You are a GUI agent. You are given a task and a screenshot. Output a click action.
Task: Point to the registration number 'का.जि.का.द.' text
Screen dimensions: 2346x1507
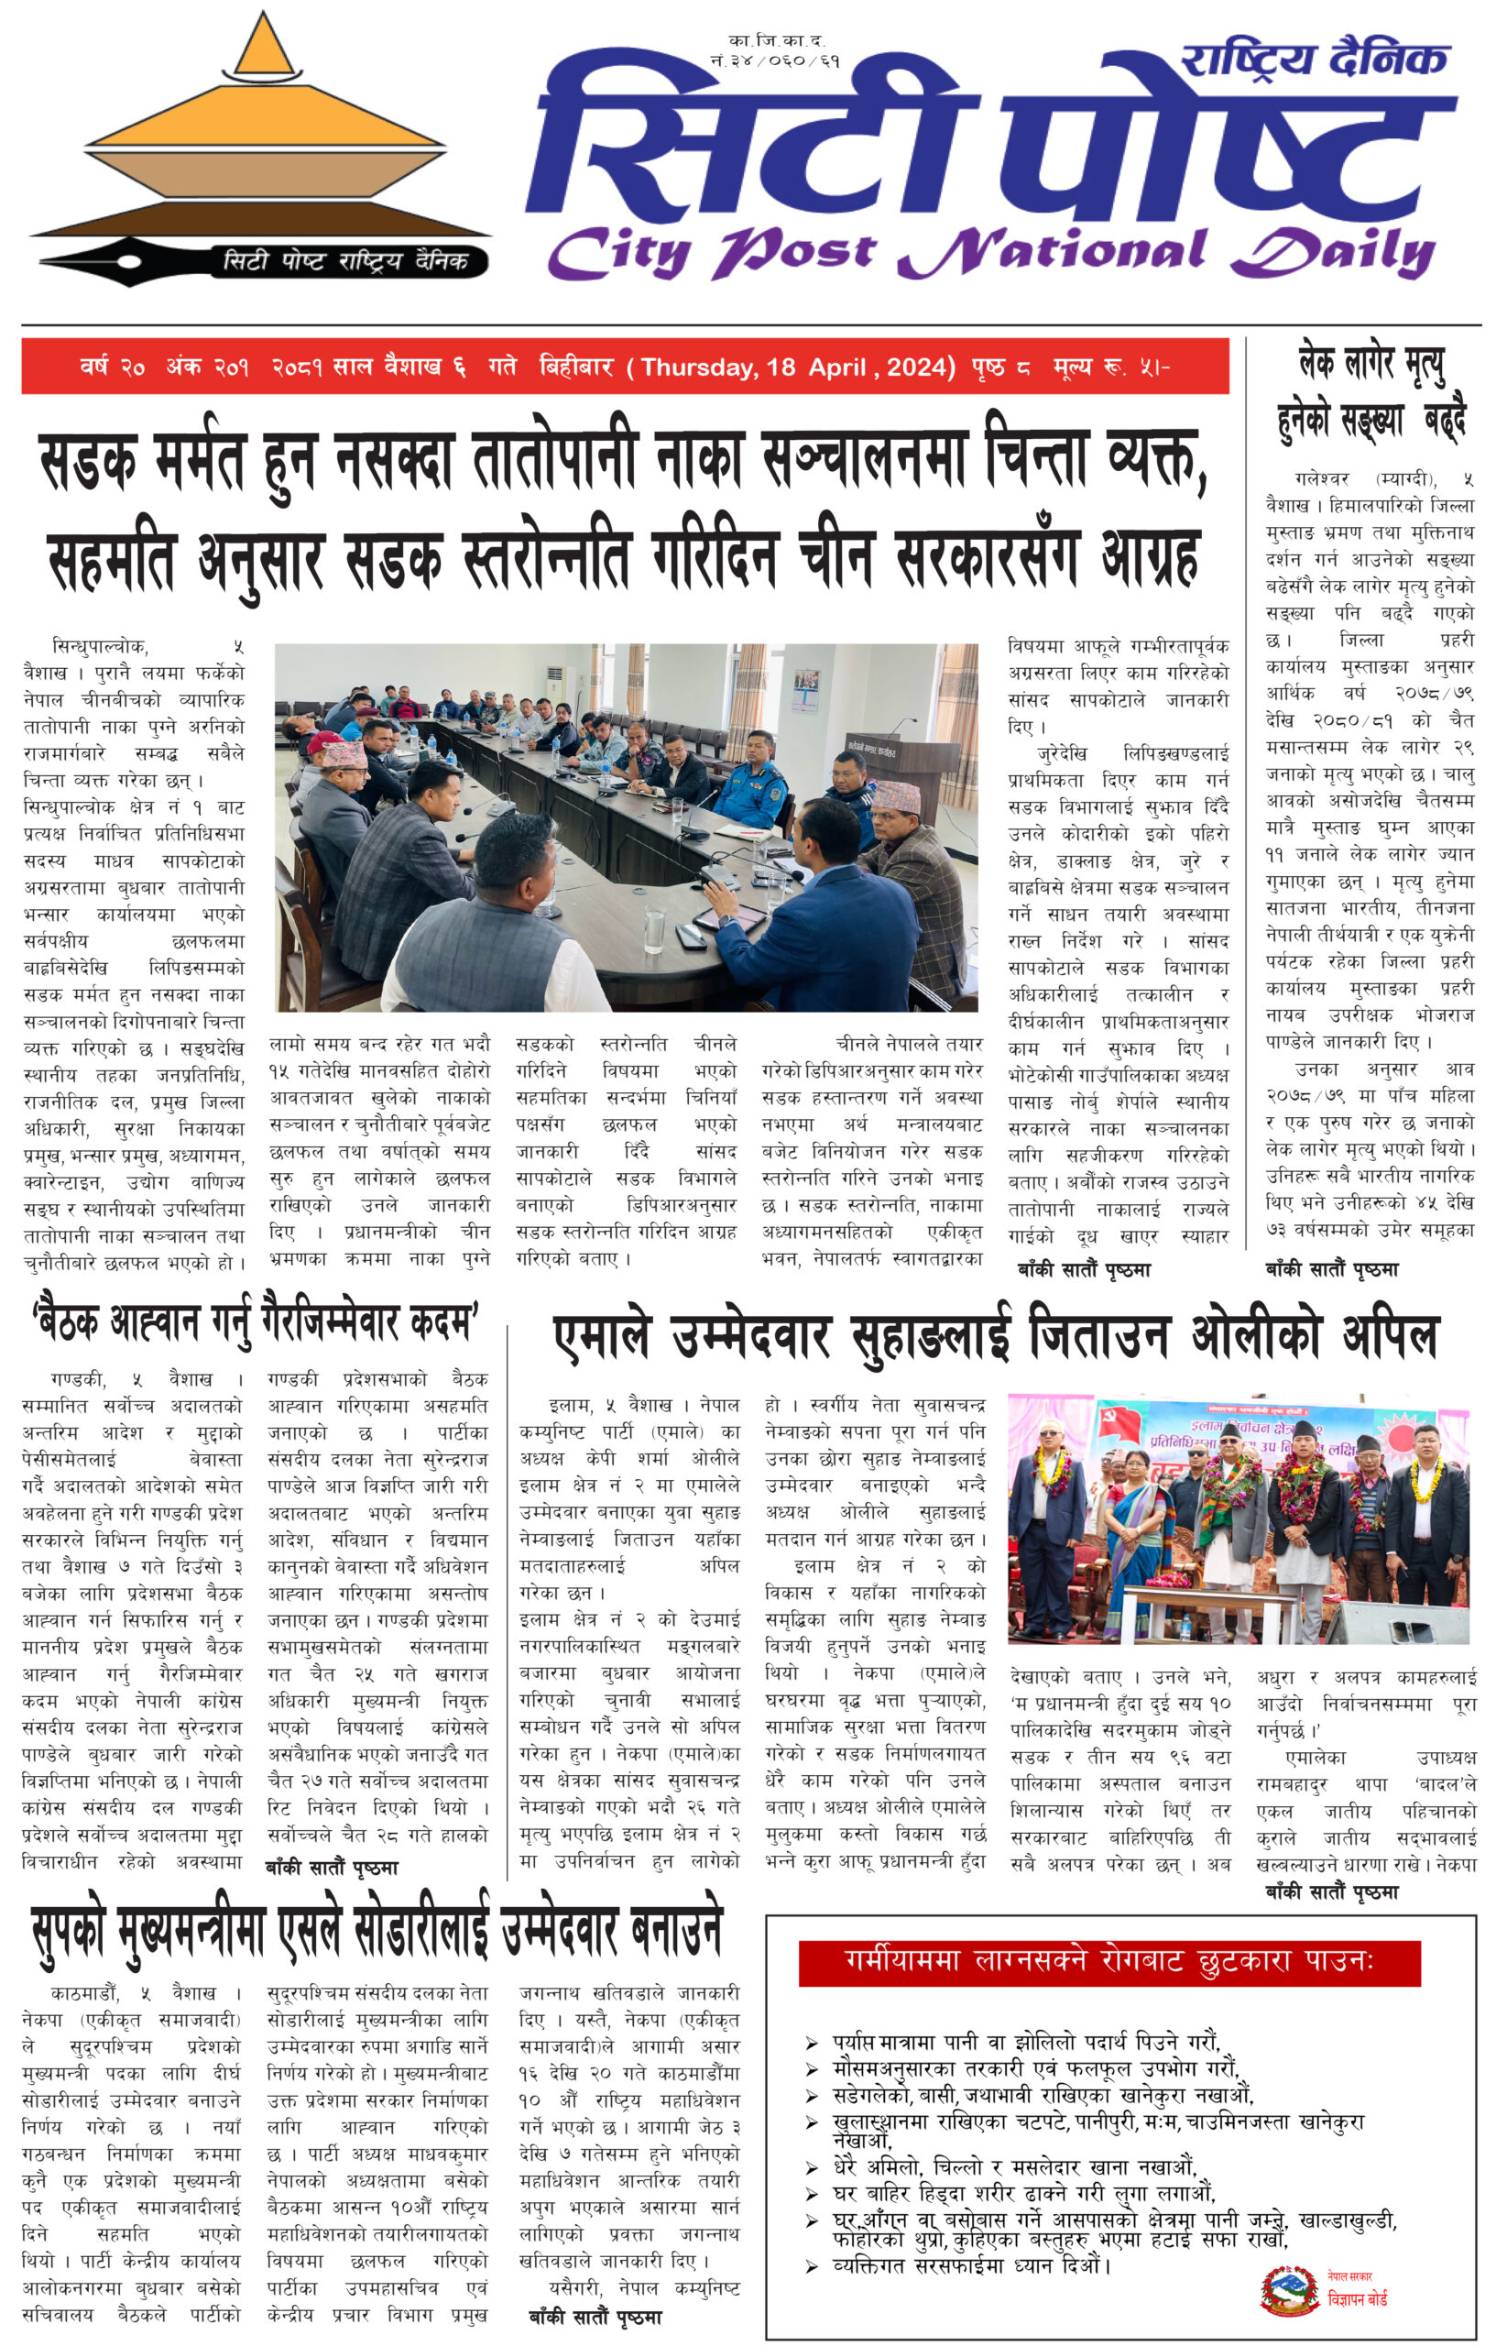pyautogui.click(x=777, y=41)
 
